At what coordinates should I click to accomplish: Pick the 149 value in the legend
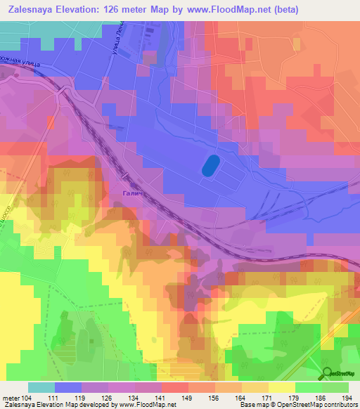[188, 398]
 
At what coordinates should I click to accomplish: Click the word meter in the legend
[11, 398]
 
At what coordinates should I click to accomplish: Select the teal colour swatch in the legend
[41, 387]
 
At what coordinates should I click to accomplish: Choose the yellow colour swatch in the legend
[282, 387]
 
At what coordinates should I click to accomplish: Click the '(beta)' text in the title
[281, 9]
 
